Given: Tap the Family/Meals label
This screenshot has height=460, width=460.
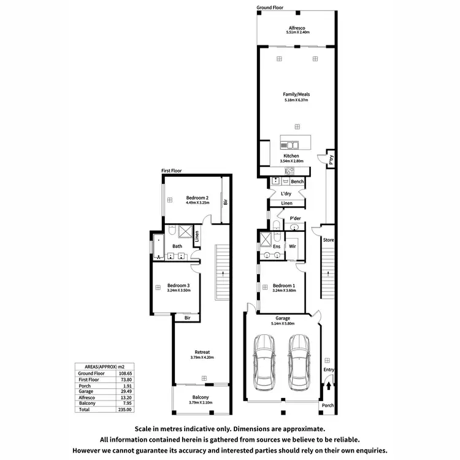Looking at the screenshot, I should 296,94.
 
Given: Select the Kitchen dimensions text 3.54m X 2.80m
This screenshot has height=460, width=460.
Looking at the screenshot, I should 291,161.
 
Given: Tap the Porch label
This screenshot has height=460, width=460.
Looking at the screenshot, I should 328,405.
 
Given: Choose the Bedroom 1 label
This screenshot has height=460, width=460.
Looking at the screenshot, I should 284,286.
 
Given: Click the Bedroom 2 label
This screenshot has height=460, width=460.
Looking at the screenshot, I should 197,197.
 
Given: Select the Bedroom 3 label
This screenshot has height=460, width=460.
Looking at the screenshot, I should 178,286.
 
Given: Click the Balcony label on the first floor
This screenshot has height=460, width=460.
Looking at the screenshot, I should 201,397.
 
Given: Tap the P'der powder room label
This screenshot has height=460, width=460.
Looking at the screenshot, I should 287,218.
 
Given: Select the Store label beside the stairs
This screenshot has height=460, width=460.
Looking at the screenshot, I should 328,240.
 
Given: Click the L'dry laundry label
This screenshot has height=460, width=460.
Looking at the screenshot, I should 285,194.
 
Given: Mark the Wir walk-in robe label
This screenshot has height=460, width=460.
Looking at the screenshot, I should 293,246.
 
